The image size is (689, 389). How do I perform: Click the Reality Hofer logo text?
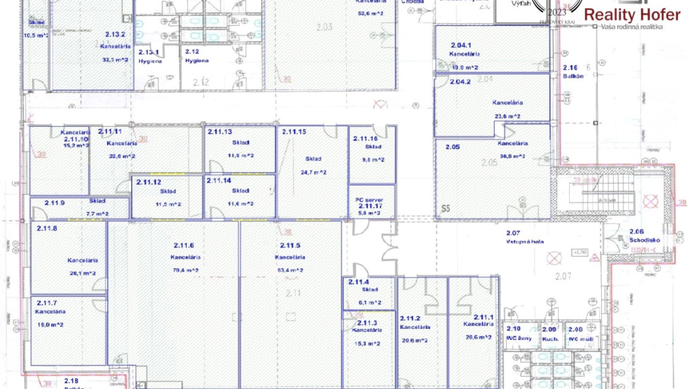point(632,15)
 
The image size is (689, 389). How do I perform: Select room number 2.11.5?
point(290,246)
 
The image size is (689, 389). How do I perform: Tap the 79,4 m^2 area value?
point(184,270)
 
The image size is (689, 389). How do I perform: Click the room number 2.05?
point(453,146)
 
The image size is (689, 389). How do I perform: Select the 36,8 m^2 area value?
point(512,156)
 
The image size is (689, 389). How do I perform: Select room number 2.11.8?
point(47,229)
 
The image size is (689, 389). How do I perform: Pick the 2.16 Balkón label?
point(572,72)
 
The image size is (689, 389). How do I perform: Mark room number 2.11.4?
point(358,282)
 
